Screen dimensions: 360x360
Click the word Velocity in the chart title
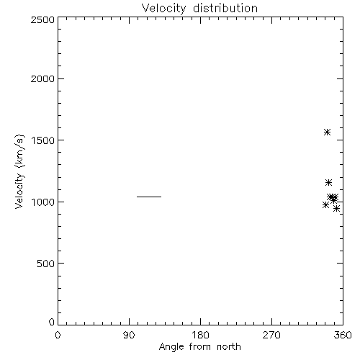tap(163, 9)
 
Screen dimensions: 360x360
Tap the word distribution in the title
tap(225, 8)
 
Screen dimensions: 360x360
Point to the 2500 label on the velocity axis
tap(42, 19)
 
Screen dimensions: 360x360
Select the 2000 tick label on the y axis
tap(42, 78)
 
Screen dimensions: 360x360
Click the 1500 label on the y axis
tap(43, 140)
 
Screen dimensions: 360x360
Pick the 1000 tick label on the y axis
tap(43, 202)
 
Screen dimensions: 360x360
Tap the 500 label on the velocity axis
tap(46, 264)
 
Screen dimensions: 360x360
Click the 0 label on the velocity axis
tap(52, 322)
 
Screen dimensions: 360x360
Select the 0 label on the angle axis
tap(58, 335)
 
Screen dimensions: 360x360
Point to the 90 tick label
tap(129, 335)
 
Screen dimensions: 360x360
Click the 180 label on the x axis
tap(200, 335)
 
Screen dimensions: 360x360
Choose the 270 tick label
tap(271, 335)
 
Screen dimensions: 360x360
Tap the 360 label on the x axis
tap(343, 335)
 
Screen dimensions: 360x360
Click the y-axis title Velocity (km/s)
tap(19, 171)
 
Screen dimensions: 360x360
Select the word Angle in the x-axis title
tap(171, 347)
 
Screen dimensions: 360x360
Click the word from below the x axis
tap(200, 346)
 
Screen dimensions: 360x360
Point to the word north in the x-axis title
tap(229, 346)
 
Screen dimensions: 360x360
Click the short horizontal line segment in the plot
tap(149, 197)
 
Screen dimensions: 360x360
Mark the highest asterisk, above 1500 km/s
tap(327, 132)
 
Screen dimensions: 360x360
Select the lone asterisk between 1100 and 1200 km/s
tap(328, 183)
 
